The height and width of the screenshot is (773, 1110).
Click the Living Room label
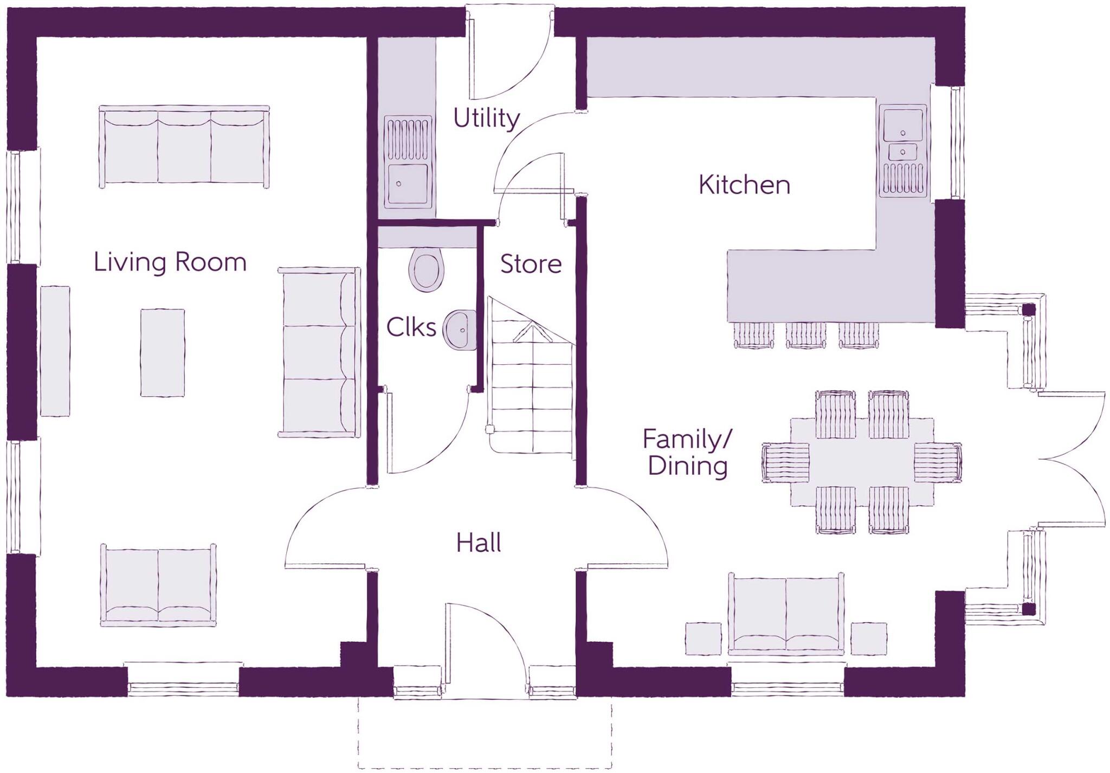[x=170, y=262]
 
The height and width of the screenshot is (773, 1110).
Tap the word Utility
[x=486, y=118]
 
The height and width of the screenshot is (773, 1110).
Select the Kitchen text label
[x=744, y=185]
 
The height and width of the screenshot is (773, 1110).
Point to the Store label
[x=531, y=264]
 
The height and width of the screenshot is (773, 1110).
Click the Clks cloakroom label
[x=411, y=327]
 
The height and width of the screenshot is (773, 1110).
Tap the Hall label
[x=478, y=543]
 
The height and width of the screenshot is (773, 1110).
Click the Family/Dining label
[x=687, y=453]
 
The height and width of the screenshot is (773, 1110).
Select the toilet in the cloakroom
[x=426, y=269]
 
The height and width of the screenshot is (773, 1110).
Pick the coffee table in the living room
[x=162, y=352]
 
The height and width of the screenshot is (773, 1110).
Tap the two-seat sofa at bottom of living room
[x=158, y=585]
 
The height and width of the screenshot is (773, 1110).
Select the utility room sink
[x=408, y=163]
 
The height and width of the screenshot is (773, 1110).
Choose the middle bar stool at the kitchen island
[x=806, y=334]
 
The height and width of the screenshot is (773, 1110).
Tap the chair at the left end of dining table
[x=785, y=462]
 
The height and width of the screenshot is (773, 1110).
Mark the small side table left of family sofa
[x=703, y=639]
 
